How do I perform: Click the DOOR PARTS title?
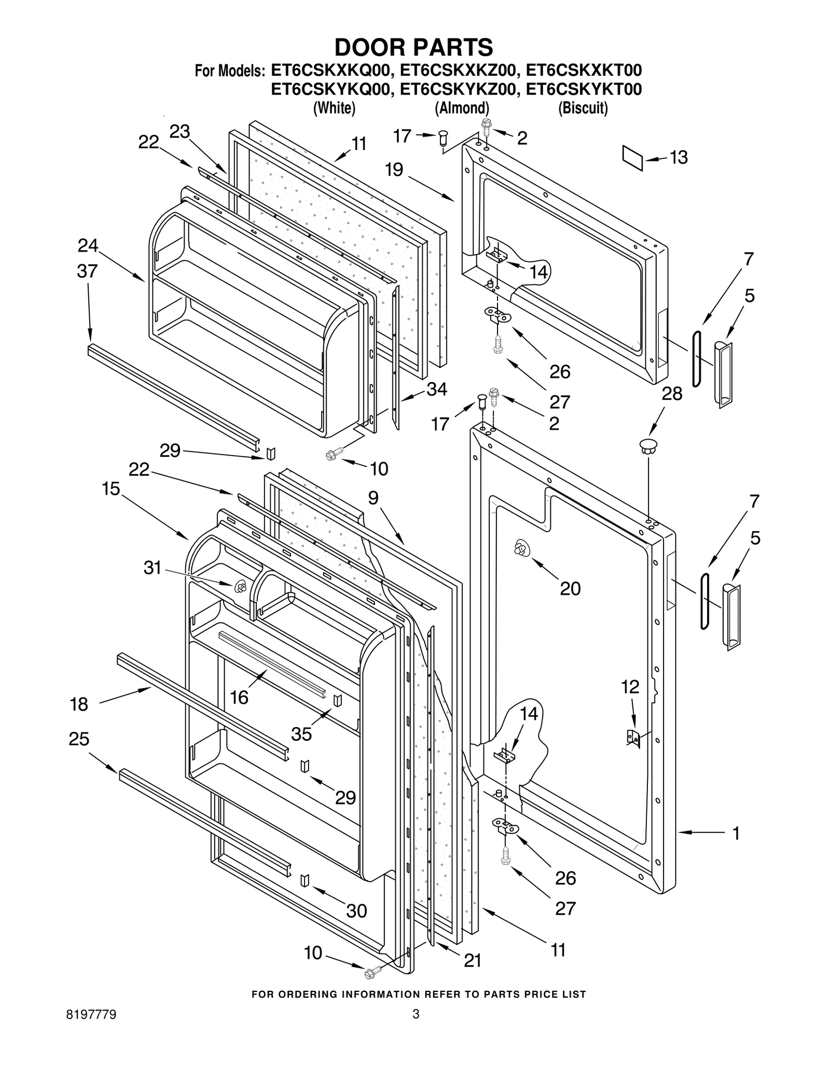(413, 47)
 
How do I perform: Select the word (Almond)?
(462, 108)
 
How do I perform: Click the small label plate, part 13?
(632, 157)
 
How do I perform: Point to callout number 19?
(394, 170)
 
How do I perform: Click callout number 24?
(88, 246)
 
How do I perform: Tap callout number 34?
(436, 389)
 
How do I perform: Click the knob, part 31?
(240, 587)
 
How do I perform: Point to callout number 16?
(239, 697)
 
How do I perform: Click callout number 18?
(79, 704)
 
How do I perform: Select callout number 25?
(79, 739)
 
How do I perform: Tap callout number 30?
(356, 910)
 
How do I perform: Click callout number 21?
(472, 960)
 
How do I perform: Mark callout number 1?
(736, 833)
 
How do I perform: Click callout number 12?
(630, 687)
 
